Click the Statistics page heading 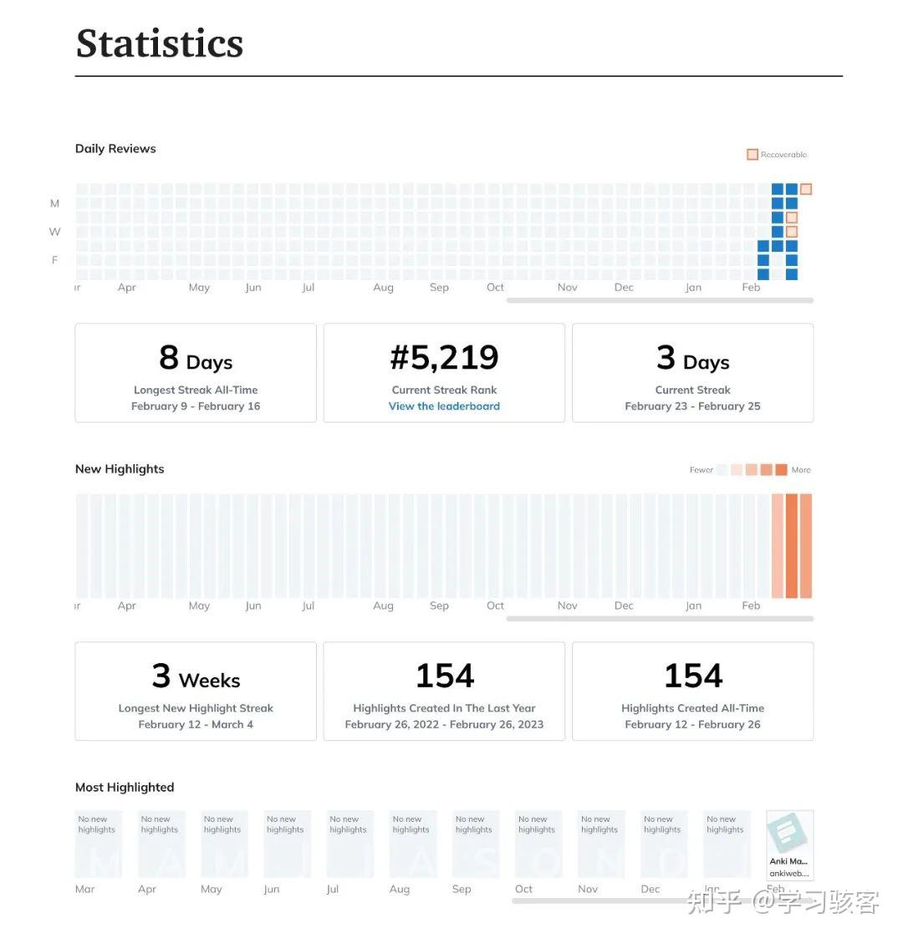click(159, 43)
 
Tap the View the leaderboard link click(444, 406)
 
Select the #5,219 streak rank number click(444, 358)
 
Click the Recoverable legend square click(752, 155)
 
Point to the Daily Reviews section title click(115, 149)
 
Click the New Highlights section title click(120, 469)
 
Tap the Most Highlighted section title click(125, 788)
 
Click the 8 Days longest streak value click(196, 359)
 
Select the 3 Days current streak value click(692, 359)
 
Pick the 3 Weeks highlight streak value click(196, 676)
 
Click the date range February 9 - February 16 click(196, 406)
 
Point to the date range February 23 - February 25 click(692, 406)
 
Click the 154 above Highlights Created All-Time click(692, 676)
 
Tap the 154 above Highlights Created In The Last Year click(444, 676)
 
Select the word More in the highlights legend click(801, 470)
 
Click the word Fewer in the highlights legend click(701, 470)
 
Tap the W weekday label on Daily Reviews click(55, 232)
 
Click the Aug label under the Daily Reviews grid click(383, 288)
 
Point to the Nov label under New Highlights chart click(567, 606)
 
